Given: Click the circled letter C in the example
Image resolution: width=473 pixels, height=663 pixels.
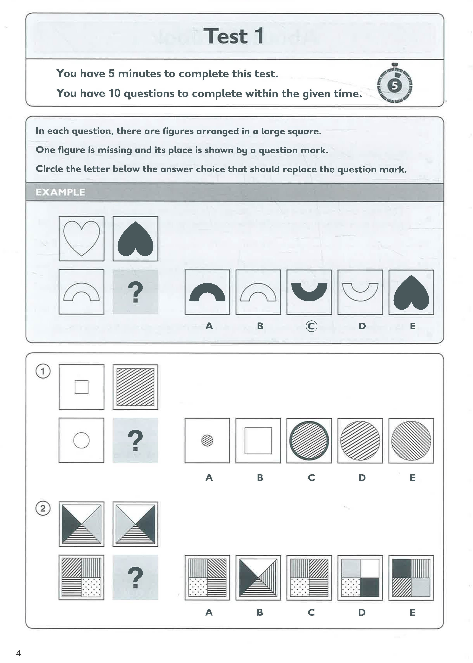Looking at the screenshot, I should tap(311, 326).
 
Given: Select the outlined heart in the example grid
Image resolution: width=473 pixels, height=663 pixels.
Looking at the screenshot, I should tap(81, 238).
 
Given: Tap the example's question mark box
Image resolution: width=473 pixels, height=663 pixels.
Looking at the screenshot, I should tap(135, 292).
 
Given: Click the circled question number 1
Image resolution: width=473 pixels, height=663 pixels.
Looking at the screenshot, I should tap(43, 371).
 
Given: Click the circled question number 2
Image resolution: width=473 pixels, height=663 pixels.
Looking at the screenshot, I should tap(43, 508).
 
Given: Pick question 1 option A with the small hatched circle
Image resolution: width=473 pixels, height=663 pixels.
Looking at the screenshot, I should tap(207, 440).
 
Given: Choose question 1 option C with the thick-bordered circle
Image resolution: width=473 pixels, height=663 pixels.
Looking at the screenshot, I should tap(309, 440).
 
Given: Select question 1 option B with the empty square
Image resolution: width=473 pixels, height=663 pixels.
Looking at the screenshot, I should tap(258, 440).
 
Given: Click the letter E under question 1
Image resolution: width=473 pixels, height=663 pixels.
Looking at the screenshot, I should tap(412, 478).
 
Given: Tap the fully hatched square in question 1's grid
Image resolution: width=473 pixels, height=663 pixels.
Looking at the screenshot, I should tap(135, 387).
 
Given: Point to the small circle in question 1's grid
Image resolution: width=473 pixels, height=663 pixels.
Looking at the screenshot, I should tap(81, 440).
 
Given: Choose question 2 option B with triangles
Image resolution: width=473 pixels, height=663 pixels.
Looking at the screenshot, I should tap(258, 578).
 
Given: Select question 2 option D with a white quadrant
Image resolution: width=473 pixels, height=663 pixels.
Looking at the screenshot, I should tap(360, 578).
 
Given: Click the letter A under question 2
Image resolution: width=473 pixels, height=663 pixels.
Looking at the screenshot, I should tap(209, 612).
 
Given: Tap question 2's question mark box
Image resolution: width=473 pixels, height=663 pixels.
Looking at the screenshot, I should tap(135, 577).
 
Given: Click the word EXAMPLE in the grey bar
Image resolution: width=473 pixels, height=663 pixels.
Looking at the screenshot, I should tap(60, 192).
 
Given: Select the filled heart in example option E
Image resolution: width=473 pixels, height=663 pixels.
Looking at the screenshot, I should tap(411, 292).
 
